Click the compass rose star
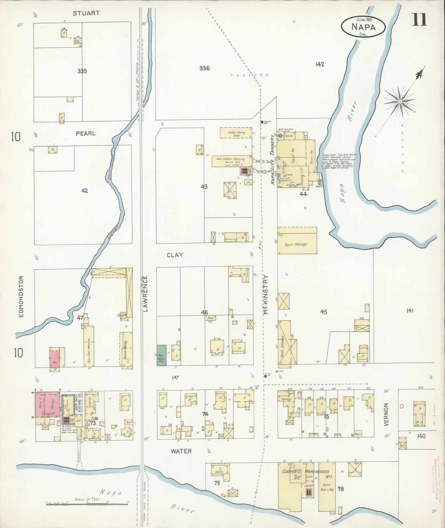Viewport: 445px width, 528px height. (x=400, y=102)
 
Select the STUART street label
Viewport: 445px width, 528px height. (x=86, y=13)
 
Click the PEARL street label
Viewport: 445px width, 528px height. (x=86, y=134)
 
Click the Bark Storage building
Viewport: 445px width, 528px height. (x=297, y=241)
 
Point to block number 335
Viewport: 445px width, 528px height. (x=82, y=71)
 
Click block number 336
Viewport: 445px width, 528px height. (x=204, y=68)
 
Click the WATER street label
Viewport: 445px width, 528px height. (x=181, y=451)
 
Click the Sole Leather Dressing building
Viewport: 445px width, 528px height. (x=231, y=161)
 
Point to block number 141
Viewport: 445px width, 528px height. (x=409, y=311)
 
